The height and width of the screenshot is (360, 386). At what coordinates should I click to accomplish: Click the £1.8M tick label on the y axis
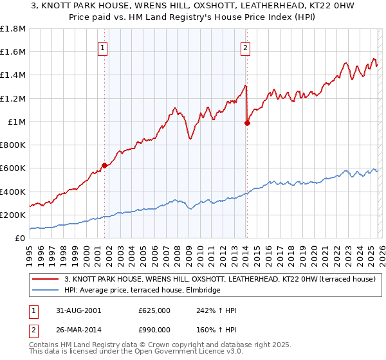coord(13,29)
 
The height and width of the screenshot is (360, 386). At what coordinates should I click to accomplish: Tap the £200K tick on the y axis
coord(13,215)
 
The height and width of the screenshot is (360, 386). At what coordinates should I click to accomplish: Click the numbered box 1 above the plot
coord(104,46)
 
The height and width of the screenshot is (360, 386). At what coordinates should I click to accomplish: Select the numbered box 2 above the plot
coord(246,46)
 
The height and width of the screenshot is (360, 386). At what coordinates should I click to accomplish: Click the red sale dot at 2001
coord(104,165)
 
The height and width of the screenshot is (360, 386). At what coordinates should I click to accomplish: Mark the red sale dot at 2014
coord(247,123)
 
